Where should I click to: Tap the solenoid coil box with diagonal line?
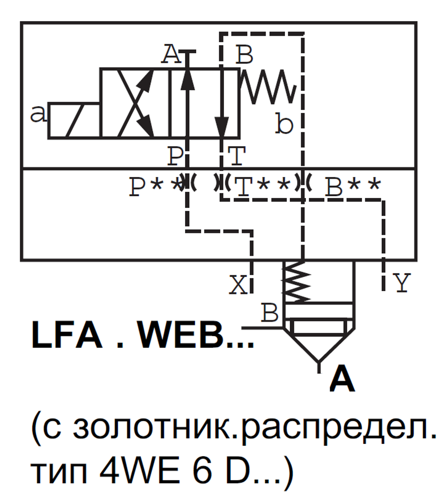click(x=74, y=121)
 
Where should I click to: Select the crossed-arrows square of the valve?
click(x=135, y=103)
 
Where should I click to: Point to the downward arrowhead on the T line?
click(x=222, y=125)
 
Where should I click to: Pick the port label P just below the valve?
click(x=176, y=157)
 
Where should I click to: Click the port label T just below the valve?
click(x=237, y=157)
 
